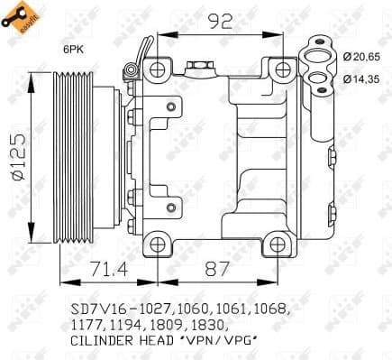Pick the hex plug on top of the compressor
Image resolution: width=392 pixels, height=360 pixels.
pos(198,66)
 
